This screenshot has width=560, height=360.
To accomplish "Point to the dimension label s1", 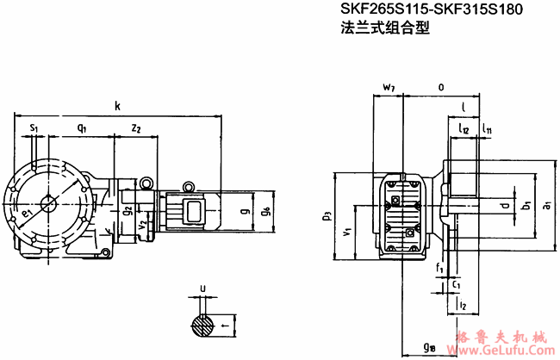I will (x=34, y=127).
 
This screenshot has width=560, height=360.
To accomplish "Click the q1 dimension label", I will (x=81, y=127).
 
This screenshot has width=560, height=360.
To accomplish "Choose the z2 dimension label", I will (x=136, y=127).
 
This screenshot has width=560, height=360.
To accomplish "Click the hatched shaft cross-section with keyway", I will (x=203, y=325).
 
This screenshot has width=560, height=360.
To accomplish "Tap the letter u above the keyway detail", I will (x=202, y=289).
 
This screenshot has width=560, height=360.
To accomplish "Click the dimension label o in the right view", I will (x=441, y=87).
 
